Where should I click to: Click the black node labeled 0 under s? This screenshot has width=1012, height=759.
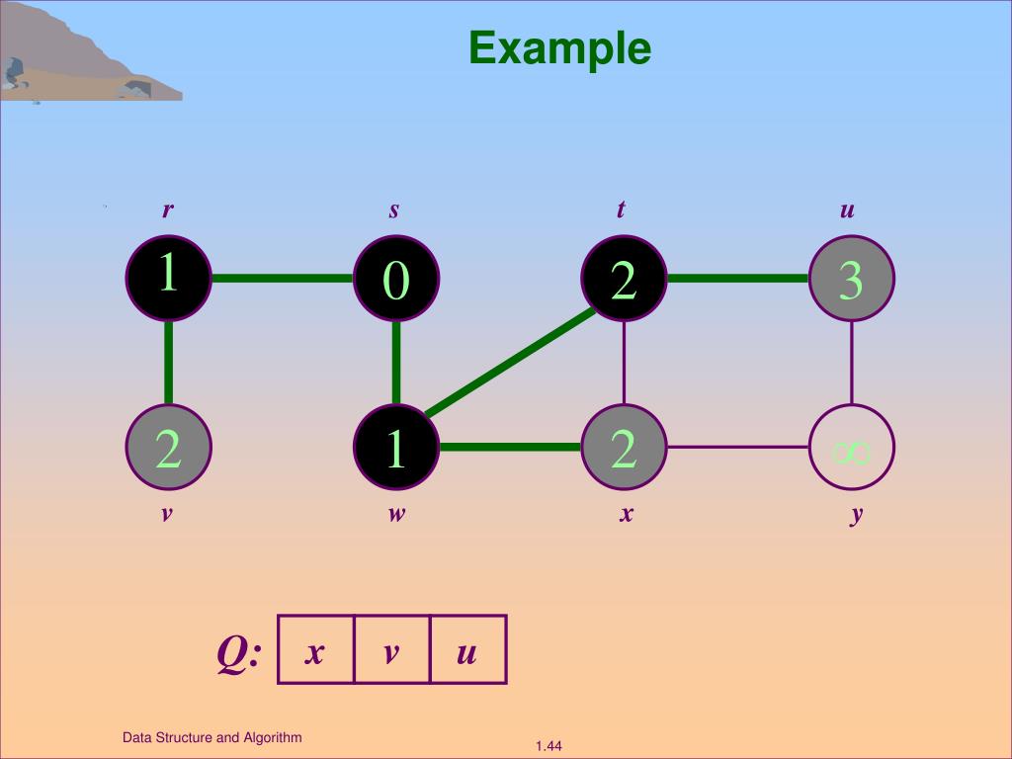click(x=396, y=279)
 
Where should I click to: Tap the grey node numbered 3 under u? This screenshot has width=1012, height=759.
click(x=852, y=279)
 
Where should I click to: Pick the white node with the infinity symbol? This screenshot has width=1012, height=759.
click(x=852, y=448)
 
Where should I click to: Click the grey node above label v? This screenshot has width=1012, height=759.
click(x=168, y=448)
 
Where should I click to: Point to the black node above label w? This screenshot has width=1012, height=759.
click(x=396, y=448)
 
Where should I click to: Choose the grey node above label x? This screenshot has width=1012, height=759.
click(x=624, y=448)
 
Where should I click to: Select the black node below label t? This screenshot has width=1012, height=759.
click(x=624, y=279)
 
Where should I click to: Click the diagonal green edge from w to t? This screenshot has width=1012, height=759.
click(x=510, y=363)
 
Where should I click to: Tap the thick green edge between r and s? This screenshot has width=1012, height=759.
click(x=283, y=279)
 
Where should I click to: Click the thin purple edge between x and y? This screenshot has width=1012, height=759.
click(x=737, y=448)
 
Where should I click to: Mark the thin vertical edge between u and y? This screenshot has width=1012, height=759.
click(x=852, y=363)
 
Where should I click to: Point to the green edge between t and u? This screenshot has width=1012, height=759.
click(x=737, y=279)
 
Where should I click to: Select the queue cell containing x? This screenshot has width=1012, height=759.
click(x=315, y=649)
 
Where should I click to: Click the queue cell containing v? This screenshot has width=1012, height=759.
click(x=392, y=649)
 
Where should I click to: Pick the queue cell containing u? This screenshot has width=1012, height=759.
click(x=468, y=649)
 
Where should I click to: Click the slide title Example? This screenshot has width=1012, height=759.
click(x=559, y=47)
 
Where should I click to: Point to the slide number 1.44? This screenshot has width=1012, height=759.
click(x=548, y=746)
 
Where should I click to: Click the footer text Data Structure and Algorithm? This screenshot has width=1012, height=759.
click(x=211, y=737)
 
